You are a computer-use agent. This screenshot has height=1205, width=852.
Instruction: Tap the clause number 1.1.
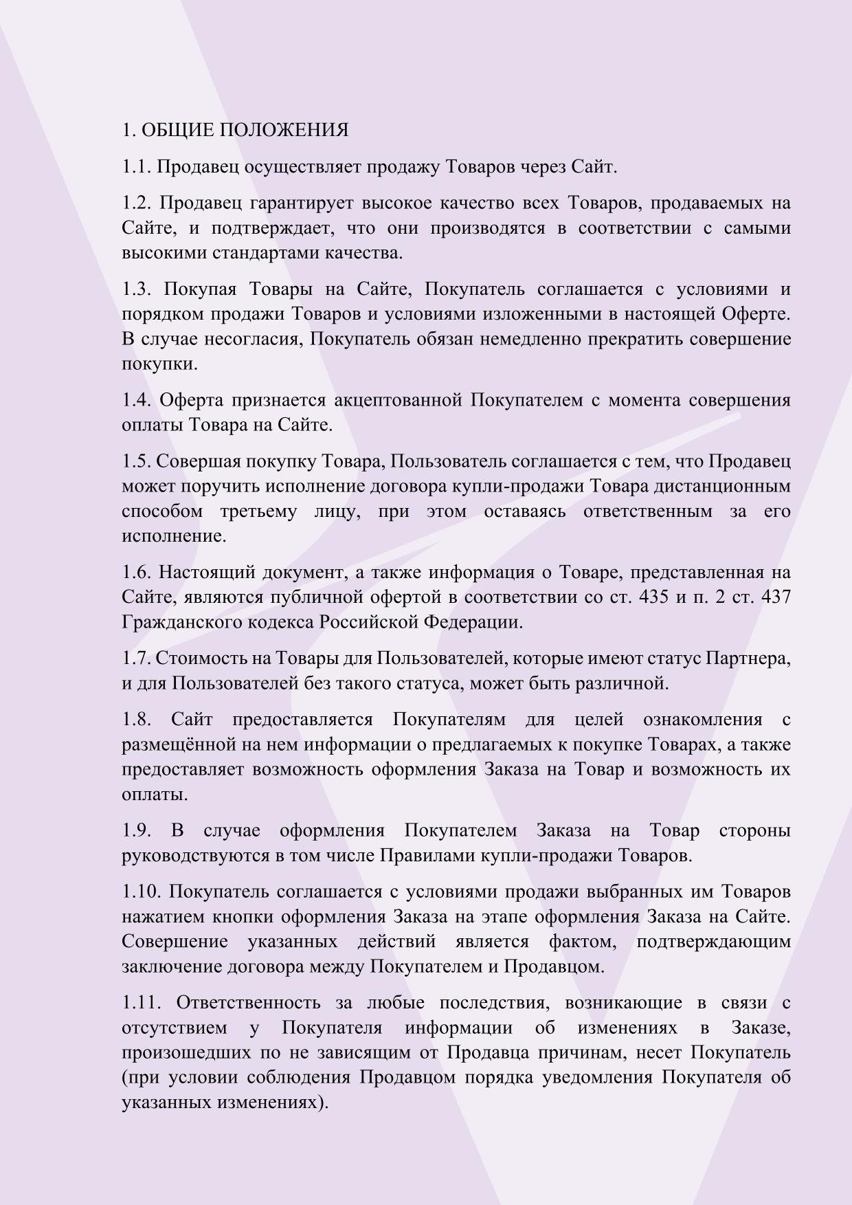point(137,167)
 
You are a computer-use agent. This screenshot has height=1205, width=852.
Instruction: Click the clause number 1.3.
point(137,289)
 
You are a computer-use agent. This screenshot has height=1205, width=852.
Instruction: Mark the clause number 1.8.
point(137,720)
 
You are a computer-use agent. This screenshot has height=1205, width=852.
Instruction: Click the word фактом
point(583,942)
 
